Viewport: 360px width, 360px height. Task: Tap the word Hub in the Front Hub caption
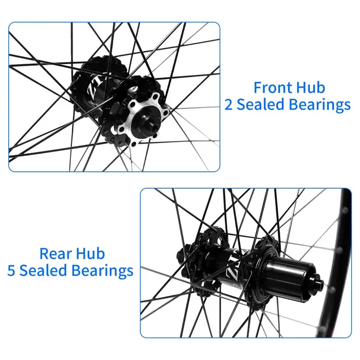311,87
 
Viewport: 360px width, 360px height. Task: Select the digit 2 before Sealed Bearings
228,104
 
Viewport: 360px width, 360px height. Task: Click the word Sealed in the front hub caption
261,104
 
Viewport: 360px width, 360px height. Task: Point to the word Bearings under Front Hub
319,105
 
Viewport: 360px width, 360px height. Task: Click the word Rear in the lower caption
56,254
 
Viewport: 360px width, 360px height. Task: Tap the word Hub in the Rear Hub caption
91,254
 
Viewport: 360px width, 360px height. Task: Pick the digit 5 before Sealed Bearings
11,271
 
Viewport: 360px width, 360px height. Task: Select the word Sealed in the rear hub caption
43,271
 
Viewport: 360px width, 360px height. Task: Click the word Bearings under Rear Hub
102,271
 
